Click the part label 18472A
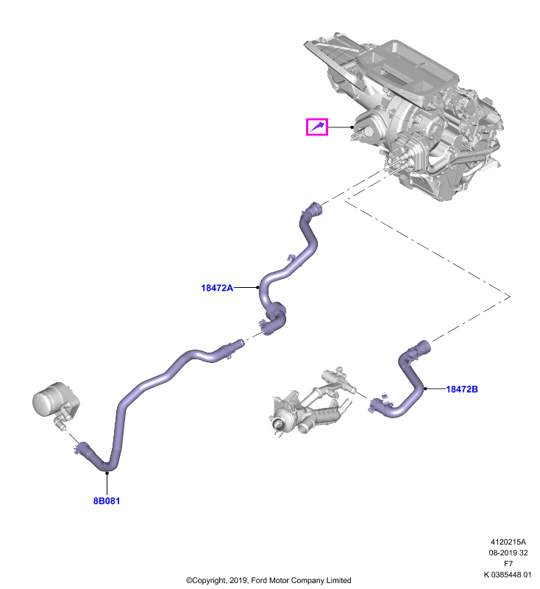[217, 288]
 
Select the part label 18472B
[461, 389]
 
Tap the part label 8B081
[107, 501]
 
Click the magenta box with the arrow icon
[317, 127]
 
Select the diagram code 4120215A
[508, 542]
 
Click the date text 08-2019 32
[508, 553]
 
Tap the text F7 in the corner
[508, 563]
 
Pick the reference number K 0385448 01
[508, 574]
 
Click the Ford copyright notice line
[269, 580]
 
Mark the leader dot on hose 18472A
[257, 287]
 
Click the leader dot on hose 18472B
[425, 389]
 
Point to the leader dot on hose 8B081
[107, 473]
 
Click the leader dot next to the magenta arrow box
[352, 127]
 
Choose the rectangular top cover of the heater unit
[407, 72]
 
